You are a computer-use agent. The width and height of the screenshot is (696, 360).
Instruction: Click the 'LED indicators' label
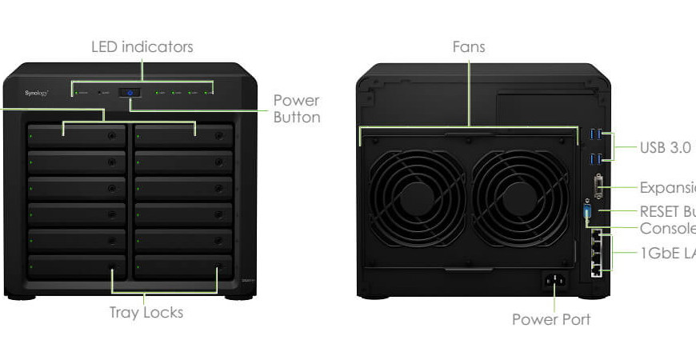[x=142, y=47]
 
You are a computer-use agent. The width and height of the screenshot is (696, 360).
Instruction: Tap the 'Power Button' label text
[x=297, y=109]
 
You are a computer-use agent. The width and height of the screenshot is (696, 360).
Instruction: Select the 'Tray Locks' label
[x=146, y=312]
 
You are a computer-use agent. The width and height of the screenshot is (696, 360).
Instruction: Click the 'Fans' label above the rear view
[x=468, y=47]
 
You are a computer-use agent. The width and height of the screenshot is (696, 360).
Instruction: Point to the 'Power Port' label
[x=551, y=320]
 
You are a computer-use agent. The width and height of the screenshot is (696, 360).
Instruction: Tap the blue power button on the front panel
[x=130, y=93]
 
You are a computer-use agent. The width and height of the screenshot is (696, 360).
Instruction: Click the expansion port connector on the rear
[x=599, y=190]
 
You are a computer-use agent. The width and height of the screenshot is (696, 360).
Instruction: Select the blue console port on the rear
[x=589, y=214]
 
